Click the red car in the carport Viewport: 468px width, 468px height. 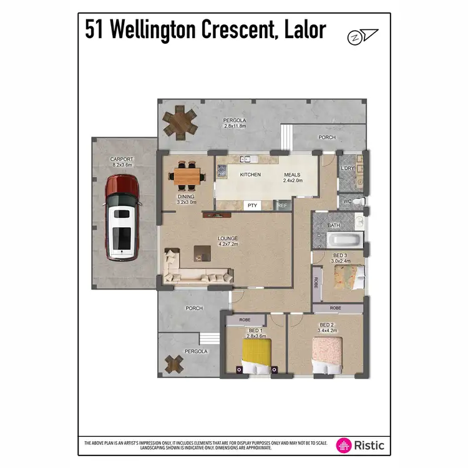pyautogui.click(x=122, y=217)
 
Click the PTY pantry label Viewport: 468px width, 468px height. pyautogui.click(x=253, y=205)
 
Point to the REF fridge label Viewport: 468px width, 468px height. pyautogui.click(x=282, y=205)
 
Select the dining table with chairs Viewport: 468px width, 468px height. pyautogui.click(x=187, y=176)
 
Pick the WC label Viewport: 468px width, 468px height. pyautogui.click(x=348, y=202)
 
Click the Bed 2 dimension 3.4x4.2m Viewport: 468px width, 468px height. pyautogui.click(x=328, y=331)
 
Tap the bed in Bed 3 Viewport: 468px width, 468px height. pyautogui.click(x=348, y=276)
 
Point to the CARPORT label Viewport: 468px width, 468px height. pyautogui.click(x=122, y=159)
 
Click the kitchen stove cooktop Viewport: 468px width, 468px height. pyautogui.click(x=222, y=170)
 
